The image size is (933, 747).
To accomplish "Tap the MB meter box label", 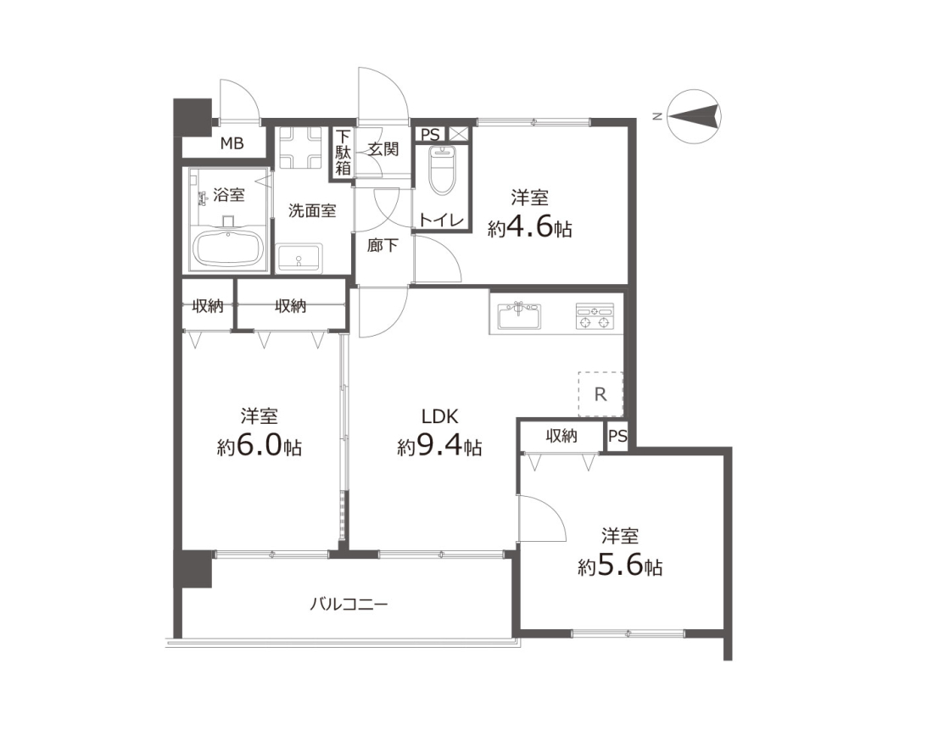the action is (x=232, y=143).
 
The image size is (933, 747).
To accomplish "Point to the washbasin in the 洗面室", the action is (x=299, y=258).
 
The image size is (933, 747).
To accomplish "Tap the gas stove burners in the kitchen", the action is (x=595, y=315).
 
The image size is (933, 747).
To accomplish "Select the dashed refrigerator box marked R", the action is (x=601, y=393).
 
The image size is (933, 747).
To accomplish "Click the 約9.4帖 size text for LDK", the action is (x=439, y=446).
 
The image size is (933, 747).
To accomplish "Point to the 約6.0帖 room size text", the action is (x=259, y=446).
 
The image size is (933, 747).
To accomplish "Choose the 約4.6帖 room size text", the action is (x=529, y=228).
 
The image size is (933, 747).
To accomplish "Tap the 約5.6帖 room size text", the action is (x=620, y=566).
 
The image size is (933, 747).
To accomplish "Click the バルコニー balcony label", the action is (x=349, y=605).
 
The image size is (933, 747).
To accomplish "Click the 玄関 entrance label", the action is (x=383, y=148).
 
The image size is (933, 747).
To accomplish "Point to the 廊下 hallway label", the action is (x=382, y=244).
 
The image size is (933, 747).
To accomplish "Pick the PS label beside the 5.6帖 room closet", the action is (x=617, y=436).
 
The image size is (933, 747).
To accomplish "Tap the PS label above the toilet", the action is (x=430, y=135).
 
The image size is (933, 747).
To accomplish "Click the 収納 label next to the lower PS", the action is (x=561, y=436).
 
